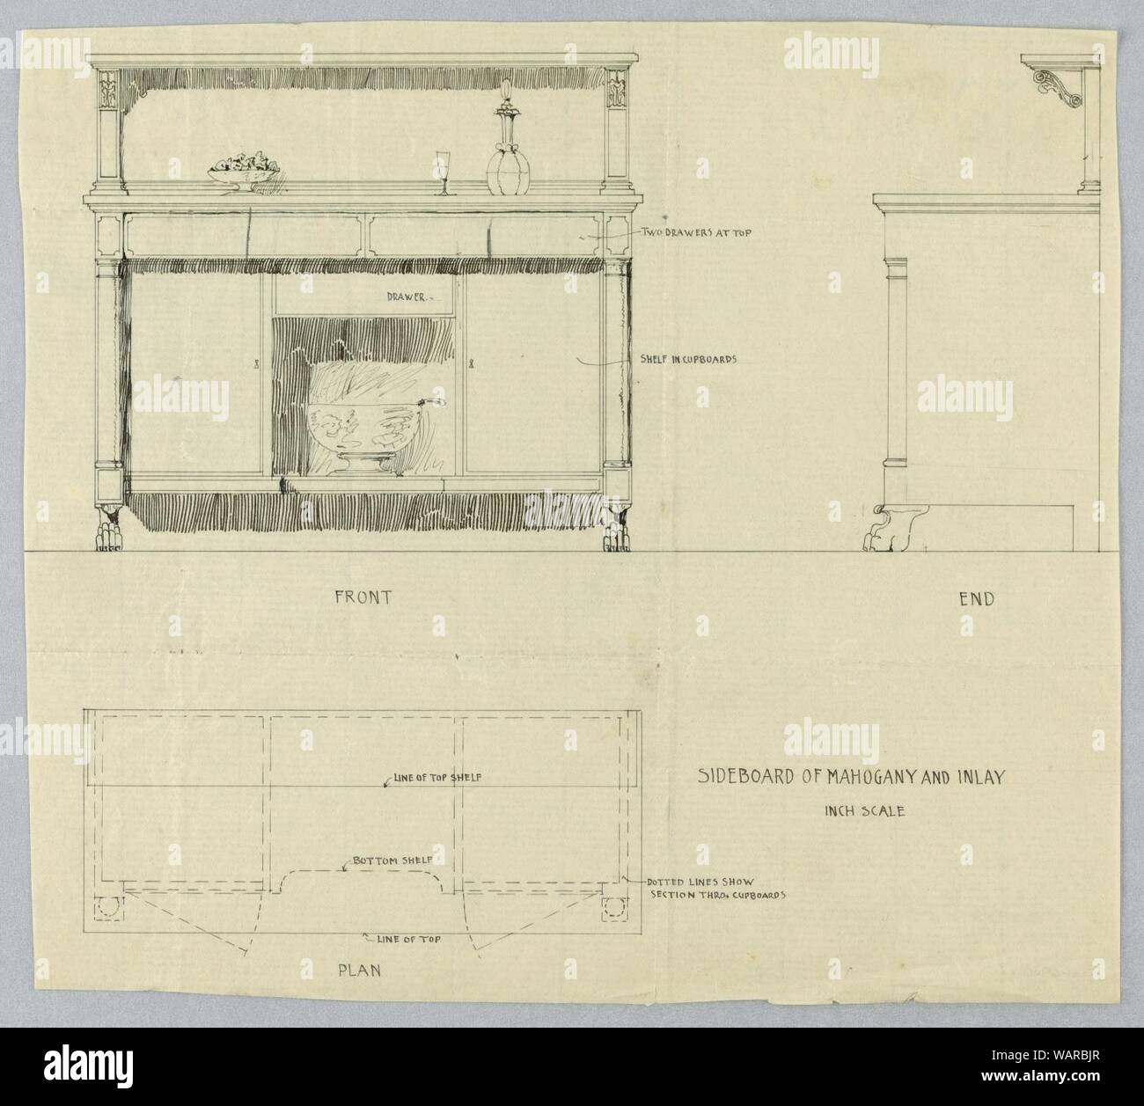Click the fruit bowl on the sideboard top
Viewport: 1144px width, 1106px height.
pos(244,172)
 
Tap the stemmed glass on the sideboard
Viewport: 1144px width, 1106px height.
pos(444,172)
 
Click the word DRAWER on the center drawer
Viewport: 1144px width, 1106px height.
pos(406,297)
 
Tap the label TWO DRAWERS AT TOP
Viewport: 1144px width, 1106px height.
pos(696,232)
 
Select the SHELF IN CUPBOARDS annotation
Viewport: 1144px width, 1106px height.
pos(688,358)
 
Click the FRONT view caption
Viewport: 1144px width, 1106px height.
pos(363,597)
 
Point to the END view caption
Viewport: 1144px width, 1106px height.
pos(977,599)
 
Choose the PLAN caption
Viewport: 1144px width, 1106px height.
pos(359,970)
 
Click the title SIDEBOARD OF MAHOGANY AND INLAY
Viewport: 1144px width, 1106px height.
pos(851,777)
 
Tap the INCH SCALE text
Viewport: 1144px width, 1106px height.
pos(864,811)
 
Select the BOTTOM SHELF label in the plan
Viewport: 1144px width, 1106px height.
pos(392,861)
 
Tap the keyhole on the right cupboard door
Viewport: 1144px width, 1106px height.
pos(470,363)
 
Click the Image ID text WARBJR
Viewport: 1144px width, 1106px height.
pos(1075,1055)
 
